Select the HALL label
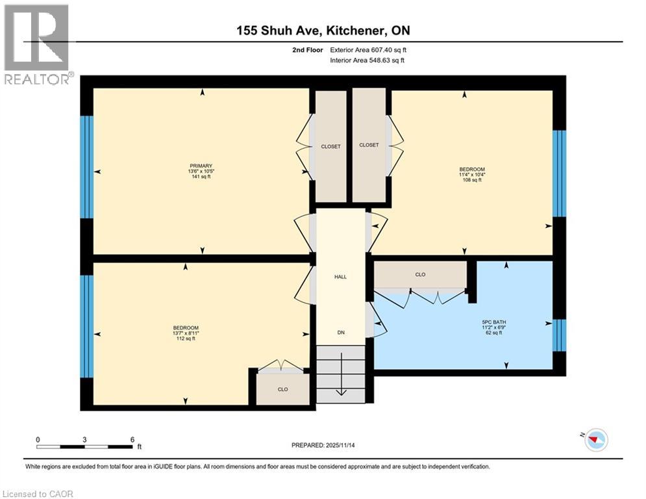340,277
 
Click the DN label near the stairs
340,333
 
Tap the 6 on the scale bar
132,439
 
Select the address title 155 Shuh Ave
323,31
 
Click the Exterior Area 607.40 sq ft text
369,49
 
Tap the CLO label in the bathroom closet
420,275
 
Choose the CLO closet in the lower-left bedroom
282,389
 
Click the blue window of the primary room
86,167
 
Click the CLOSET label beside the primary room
330,147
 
